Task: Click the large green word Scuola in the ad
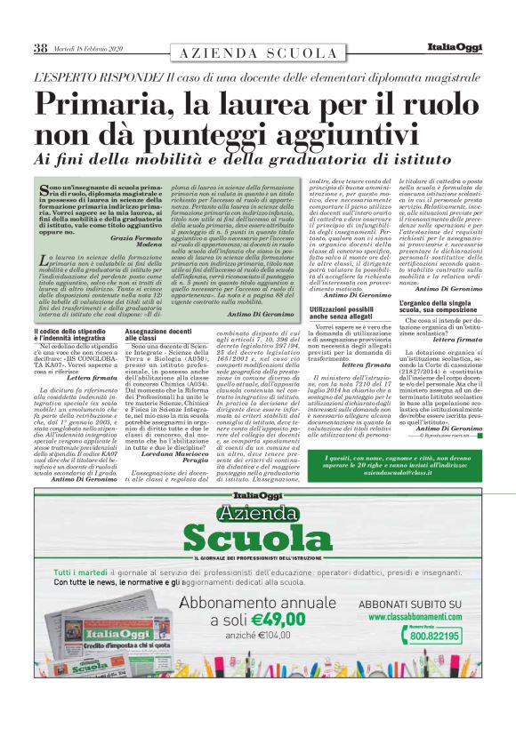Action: point(257,538)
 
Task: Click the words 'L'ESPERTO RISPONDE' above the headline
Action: point(97,77)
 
